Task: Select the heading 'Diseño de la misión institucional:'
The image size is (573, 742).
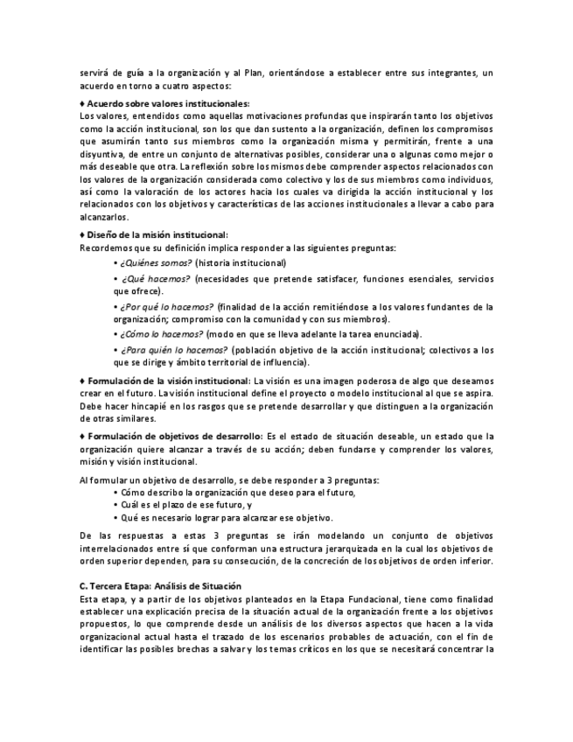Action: point(157,234)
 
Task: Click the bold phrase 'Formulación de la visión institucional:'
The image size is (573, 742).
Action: point(168,381)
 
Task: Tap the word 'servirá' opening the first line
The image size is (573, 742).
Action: point(94,73)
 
